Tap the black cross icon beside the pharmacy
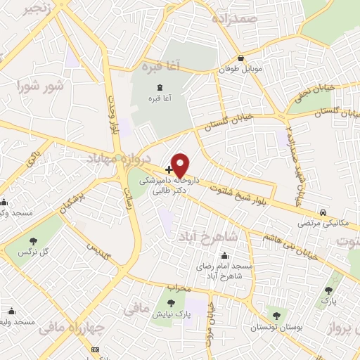(169, 169)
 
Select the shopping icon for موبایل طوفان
(241, 58)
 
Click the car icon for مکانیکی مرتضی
(322, 212)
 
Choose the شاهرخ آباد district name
(202, 235)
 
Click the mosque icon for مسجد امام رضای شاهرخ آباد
(224, 255)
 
